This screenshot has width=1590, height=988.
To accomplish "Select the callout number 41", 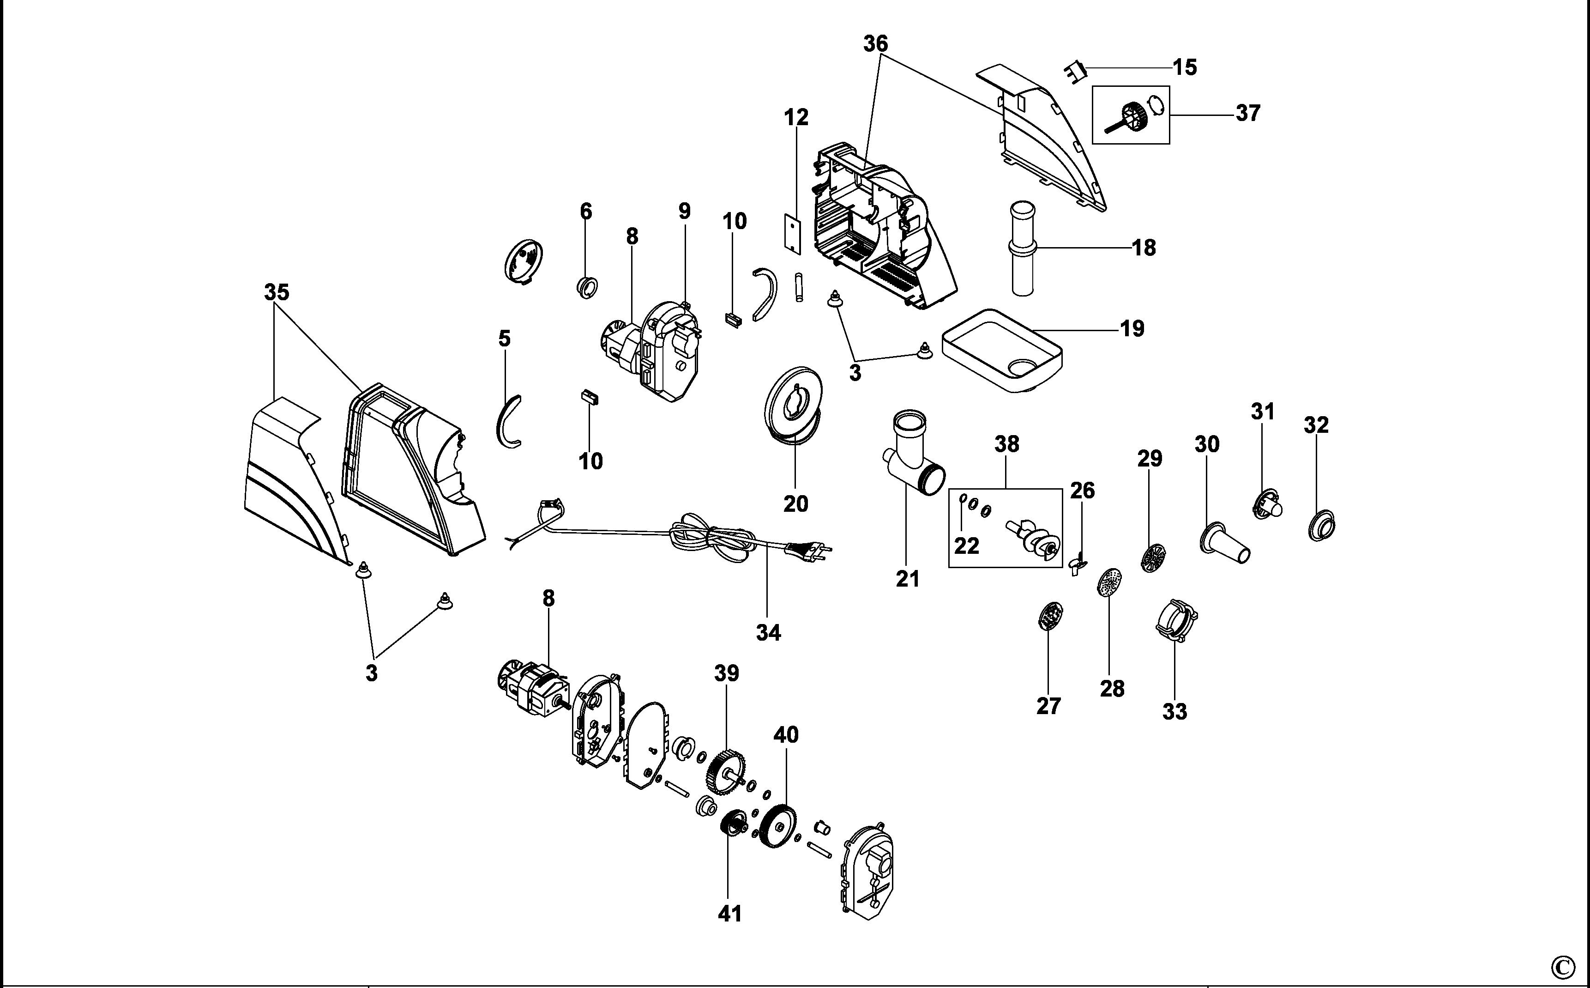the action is pyautogui.click(x=729, y=914).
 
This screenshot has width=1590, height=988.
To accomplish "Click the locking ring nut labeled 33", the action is pyautogui.click(x=1176, y=619).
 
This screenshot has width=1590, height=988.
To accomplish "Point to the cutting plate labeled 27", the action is pyautogui.click(x=1050, y=616).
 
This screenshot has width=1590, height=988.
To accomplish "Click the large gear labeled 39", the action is pyautogui.click(x=727, y=773).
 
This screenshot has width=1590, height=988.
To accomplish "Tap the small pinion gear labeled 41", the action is pyautogui.click(x=734, y=829).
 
